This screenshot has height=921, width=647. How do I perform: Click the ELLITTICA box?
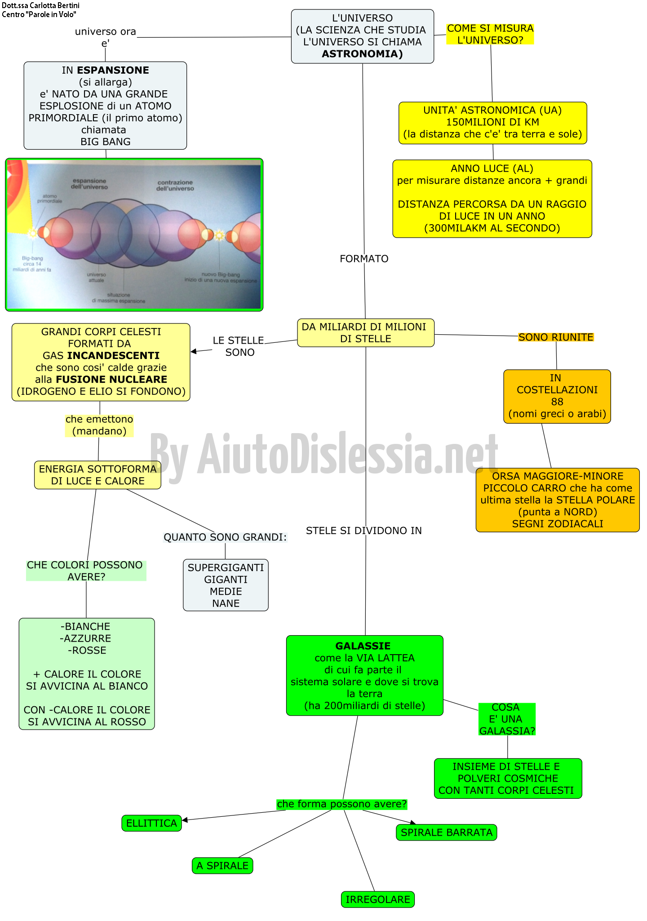coord(151,823)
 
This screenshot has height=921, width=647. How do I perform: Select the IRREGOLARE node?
coord(377,899)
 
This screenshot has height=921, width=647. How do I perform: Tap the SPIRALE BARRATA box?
coord(446,832)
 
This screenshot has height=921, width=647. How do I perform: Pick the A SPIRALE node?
coord(222,866)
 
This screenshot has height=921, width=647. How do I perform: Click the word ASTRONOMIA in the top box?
coord(362,54)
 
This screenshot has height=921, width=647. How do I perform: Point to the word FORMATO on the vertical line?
coord(364,259)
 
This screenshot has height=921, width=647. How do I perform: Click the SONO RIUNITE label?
coord(556,337)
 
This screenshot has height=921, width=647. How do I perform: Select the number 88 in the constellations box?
coord(557,402)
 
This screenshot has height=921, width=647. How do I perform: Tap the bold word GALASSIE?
coord(363,646)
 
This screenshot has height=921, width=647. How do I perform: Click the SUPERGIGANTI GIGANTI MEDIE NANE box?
coord(226,585)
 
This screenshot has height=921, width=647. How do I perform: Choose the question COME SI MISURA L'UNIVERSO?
coord(490,34)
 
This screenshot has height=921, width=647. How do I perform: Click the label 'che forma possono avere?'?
coord(341,804)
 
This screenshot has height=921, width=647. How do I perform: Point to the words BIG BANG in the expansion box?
coord(106,142)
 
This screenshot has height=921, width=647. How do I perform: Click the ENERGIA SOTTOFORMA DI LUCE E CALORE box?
coord(97,475)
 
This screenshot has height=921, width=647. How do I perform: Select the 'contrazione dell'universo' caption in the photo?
coord(175,186)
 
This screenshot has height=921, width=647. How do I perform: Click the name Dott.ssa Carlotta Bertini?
coord(40,5)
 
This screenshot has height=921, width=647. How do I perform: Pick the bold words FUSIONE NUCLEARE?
coord(111,379)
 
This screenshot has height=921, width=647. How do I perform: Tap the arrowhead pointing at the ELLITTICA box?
coord(185,820)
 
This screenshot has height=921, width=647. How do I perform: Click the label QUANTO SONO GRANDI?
coord(225,537)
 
